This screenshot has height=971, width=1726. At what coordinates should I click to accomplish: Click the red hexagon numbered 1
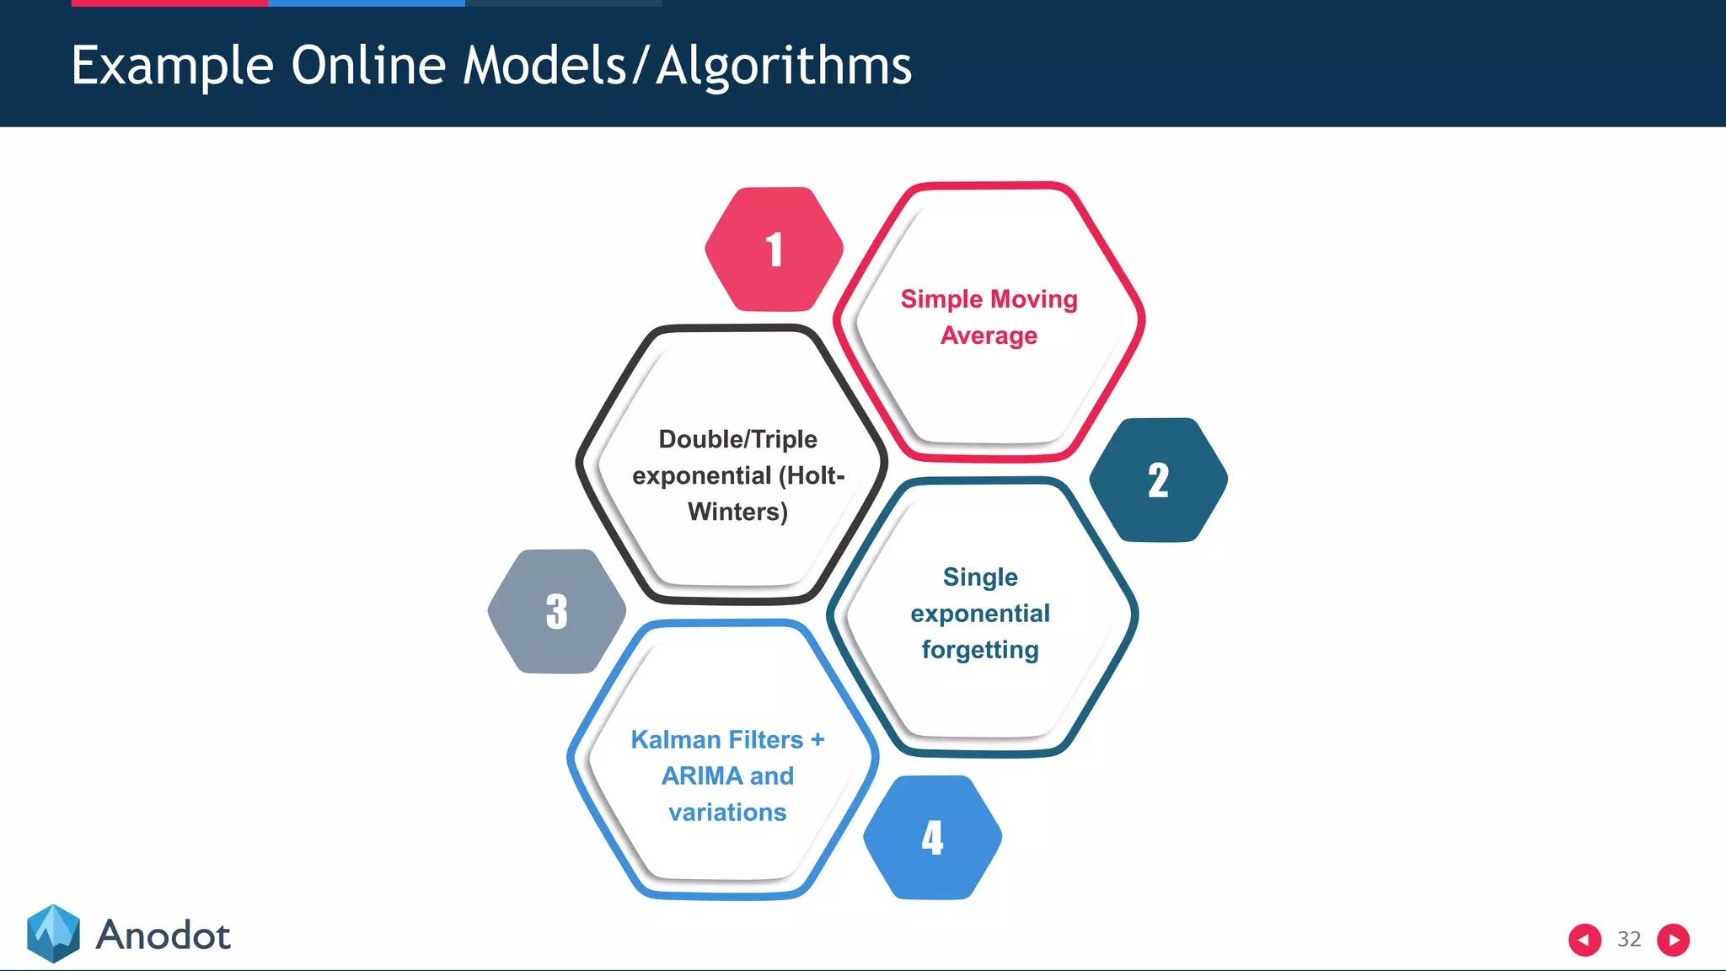pyautogui.click(x=774, y=249)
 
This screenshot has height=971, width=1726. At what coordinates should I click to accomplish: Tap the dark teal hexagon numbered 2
pyautogui.click(x=1158, y=480)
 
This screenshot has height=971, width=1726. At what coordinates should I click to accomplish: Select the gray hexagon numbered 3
pyautogui.click(x=556, y=611)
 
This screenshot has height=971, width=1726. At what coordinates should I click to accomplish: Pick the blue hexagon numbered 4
pyautogui.click(x=932, y=837)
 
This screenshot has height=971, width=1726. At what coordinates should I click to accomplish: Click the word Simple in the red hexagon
pyautogui.click(x=941, y=299)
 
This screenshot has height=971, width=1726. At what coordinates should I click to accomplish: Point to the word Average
pyautogui.click(x=989, y=335)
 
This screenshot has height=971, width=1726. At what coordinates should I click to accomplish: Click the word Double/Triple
pyautogui.click(x=737, y=439)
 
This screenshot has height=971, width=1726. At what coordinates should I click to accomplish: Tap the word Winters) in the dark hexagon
pyautogui.click(x=737, y=512)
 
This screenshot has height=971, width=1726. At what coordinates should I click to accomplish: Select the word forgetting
pyautogui.click(x=979, y=650)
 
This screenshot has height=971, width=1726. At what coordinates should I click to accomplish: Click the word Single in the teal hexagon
pyautogui.click(x=979, y=577)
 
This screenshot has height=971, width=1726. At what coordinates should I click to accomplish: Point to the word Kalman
pyautogui.click(x=674, y=739)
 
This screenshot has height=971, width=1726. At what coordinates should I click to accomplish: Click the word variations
pyautogui.click(x=727, y=813)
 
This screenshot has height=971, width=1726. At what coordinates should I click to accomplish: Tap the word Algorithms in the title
pyautogui.click(x=784, y=66)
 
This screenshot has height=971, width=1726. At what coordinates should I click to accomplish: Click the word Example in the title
pyautogui.click(x=172, y=66)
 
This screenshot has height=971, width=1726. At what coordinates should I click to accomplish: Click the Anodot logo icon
pyautogui.click(x=53, y=933)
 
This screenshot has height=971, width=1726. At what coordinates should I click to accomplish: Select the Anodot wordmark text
pyautogui.click(x=163, y=936)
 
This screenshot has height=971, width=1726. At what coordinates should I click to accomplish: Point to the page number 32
pyautogui.click(x=1628, y=939)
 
